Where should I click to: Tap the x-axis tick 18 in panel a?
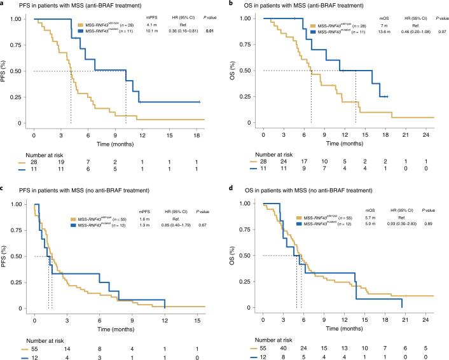pyautogui.click(x=197, y=135)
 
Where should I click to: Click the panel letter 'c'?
pyautogui.click(x=3, y=185)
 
